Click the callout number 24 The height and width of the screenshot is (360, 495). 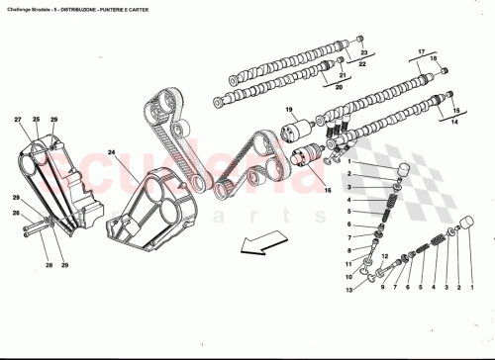pyautogui.click(x=112, y=153)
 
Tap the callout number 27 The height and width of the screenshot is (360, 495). pyautogui.click(x=18, y=121)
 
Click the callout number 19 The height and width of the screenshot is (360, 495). pyautogui.click(x=291, y=109)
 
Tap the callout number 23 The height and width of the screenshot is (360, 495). pyautogui.click(x=362, y=51)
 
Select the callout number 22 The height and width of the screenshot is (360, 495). pyautogui.click(x=362, y=64)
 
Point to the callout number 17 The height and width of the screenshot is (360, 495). pyautogui.click(x=420, y=50)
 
